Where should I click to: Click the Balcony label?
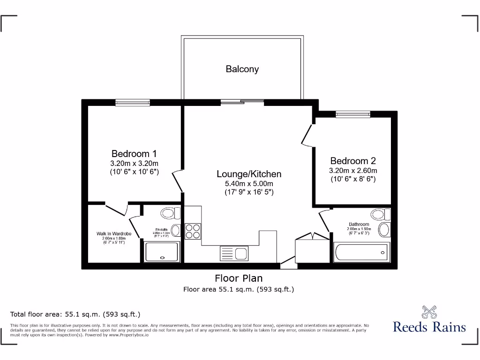(242, 69)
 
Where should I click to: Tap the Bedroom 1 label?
(134, 154)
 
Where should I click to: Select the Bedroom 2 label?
(353, 161)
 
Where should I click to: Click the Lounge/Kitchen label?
(249, 174)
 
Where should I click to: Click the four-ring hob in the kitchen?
(193, 230)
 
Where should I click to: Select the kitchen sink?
(234, 254)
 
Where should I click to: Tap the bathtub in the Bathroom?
(361, 253)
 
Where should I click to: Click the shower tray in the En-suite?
(162, 252)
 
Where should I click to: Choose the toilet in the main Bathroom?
(380, 214)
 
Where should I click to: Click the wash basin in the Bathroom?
(384, 230)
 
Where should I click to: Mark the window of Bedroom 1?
(133, 103)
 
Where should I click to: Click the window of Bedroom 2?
(353, 114)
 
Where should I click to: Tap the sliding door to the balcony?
(242, 102)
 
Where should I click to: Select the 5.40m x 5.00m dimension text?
(249, 184)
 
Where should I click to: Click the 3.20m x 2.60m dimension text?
(353, 171)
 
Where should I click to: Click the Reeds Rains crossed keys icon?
(429, 312)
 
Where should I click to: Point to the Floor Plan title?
(239, 278)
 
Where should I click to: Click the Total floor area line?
(75, 314)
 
